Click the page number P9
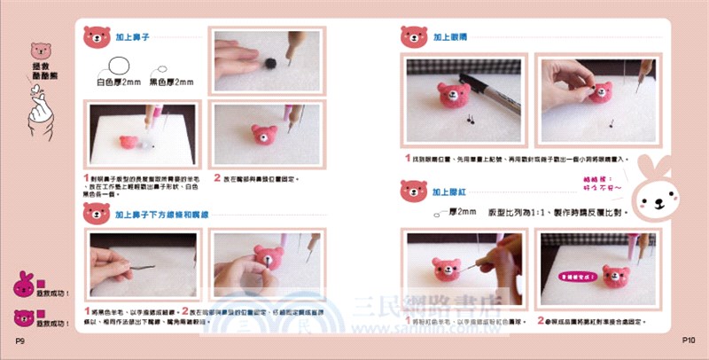click(19, 340)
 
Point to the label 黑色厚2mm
click(171, 82)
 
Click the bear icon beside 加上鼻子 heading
click(96, 36)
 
